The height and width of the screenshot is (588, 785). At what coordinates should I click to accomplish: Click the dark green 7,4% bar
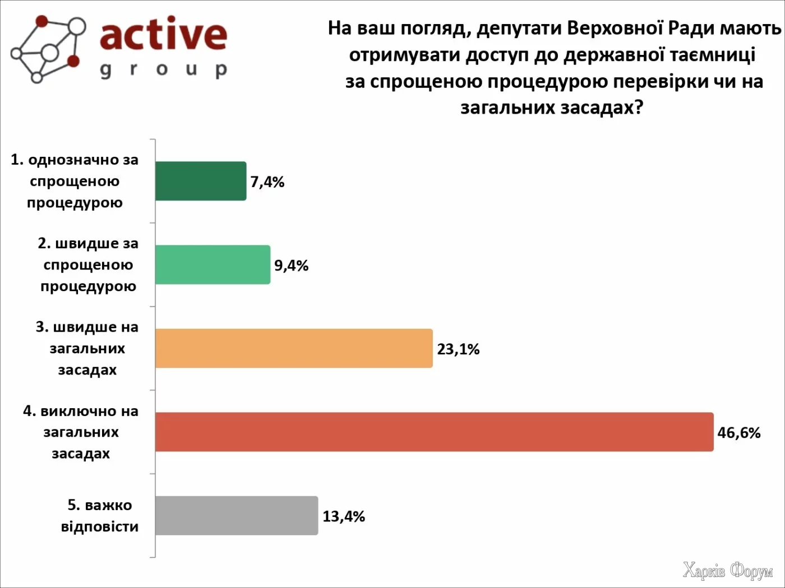coord(201,181)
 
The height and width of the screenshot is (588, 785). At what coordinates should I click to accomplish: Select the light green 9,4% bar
coord(213,264)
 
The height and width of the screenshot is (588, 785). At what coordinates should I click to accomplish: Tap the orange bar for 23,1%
coord(294,348)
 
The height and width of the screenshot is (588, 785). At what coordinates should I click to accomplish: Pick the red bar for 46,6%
coord(434,432)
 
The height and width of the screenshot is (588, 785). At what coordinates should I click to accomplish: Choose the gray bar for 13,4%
coord(236,515)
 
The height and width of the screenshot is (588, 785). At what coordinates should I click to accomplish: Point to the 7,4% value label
coord(267,182)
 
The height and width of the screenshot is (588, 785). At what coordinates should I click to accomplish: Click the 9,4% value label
coord(292,265)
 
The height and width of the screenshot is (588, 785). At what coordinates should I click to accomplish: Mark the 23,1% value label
coord(458,349)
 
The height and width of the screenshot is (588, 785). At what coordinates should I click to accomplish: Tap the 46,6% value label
coord(739,433)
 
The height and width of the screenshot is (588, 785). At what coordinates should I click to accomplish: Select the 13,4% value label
coord(344,516)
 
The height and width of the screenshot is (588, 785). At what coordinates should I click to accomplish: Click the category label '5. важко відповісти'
coord(100,516)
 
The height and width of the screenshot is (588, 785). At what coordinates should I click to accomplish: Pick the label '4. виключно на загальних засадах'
coord(81,432)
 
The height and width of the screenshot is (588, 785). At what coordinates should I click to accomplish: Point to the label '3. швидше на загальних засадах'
coord(87,348)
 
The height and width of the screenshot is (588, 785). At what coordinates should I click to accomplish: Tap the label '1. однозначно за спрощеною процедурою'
coord(75,181)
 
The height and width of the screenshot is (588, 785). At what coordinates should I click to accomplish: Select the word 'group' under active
coord(163,69)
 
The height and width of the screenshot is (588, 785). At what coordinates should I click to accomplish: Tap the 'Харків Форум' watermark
coord(727,571)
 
